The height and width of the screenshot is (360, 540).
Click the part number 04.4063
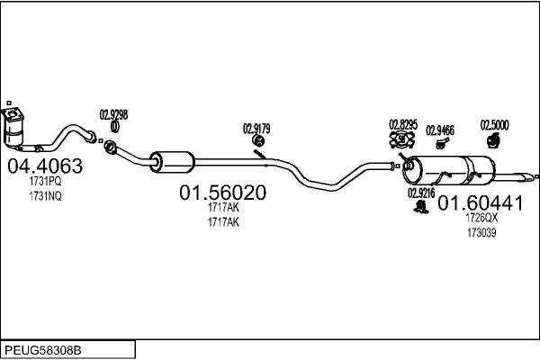[x=45, y=166]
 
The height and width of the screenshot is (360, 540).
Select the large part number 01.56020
[x=223, y=193]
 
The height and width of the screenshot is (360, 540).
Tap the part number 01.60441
[x=481, y=203]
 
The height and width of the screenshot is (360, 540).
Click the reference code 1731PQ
[x=45, y=181]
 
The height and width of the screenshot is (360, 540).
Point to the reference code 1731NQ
[x=45, y=196]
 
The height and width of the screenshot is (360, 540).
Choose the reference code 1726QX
[x=481, y=218]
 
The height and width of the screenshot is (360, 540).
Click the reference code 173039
[x=481, y=233]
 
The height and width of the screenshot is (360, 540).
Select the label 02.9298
[x=113, y=114]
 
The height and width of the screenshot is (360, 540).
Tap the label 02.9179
[x=256, y=129]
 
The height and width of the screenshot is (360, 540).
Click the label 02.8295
[x=403, y=124]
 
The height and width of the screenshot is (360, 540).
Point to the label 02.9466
[x=440, y=130]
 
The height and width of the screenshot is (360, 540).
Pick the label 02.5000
[x=494, y=125]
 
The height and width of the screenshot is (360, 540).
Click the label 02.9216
[x=421, y=193]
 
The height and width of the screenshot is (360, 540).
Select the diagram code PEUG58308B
[x=43, y=351]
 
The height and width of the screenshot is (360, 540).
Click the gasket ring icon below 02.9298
[x=114, y=127]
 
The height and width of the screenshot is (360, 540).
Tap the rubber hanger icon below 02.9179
[x=258, y=140]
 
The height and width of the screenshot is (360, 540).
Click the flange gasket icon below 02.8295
[x=402, y=139]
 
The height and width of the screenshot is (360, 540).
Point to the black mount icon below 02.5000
[x=493, y=140]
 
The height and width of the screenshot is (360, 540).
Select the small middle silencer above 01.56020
[x=172, y=162]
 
